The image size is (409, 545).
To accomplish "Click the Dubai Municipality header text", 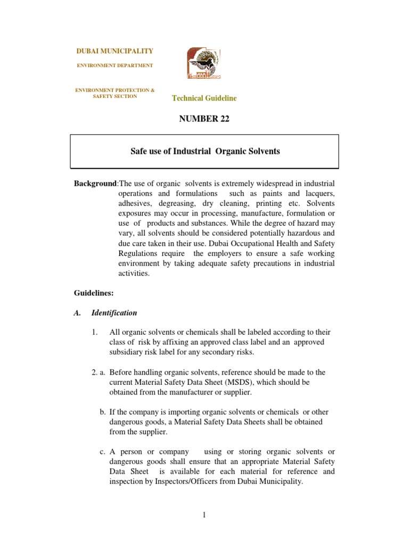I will click(x=115, y=51).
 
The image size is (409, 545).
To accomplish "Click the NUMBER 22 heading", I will click(x=204, y=119).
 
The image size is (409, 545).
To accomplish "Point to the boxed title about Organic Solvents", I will click(x=205, y=152).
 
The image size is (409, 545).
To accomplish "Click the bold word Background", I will click(x=95, y=184).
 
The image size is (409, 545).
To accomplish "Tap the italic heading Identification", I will click(x=114, y=313).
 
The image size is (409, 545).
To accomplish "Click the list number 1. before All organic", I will click(x=94, y=333).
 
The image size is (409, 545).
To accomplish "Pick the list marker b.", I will click(x=103, y=412).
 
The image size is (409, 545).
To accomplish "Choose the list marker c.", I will click(x=103, y=452).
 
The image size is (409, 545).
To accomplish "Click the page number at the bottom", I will click(x=204, y=515).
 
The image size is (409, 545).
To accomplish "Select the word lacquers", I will click(x=318, y=193).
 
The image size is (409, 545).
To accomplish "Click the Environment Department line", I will click(x=115, y=65).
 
